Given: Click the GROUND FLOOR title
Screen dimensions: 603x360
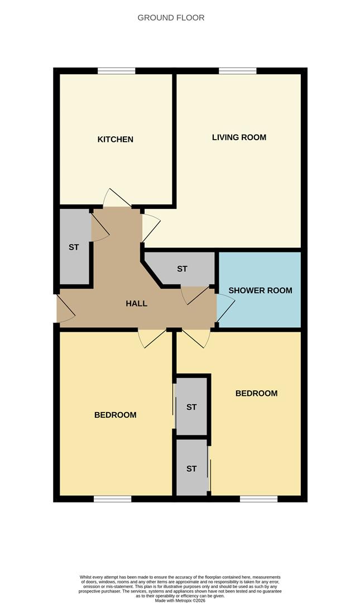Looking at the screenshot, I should pos(171,18).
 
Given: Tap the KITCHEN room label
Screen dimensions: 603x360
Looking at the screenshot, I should pos(116,139).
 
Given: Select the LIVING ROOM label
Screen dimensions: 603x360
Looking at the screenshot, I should pos(239,137).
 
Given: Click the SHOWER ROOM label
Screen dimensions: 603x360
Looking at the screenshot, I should pos(260,290).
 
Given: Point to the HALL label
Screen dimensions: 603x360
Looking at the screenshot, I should pos(136,304).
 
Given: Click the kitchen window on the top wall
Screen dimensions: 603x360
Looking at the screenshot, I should pos(116,71).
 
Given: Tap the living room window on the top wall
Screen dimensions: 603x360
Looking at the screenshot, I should pos(237,71).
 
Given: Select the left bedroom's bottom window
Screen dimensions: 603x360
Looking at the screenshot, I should pos(112,499).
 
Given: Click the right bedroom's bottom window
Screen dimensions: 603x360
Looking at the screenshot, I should pos(258,499).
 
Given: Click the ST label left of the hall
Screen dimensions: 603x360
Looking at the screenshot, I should pos(74,247).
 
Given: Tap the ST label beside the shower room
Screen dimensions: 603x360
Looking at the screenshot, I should pos(182,269).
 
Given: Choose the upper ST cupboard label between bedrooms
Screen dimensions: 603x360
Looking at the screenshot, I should pos(191,407).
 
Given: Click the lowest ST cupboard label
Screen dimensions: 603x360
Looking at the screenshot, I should pos(191,468).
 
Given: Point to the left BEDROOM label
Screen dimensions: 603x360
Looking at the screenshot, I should pos(115,415).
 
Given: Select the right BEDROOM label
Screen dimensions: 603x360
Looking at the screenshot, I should pos(256,393).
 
